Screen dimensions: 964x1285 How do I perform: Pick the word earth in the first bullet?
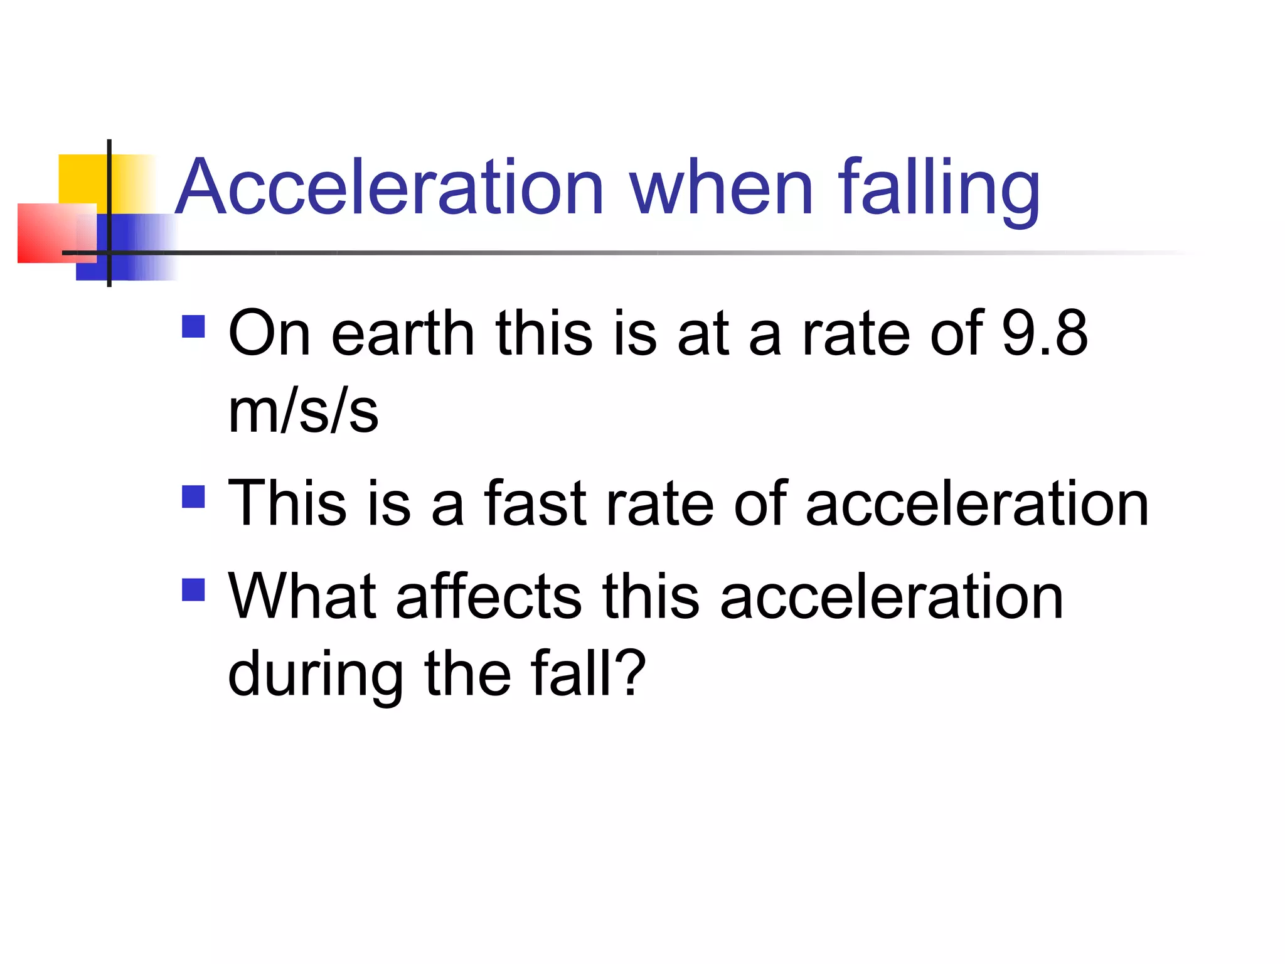coord(402,333)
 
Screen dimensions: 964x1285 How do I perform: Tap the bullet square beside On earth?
coord(193,326)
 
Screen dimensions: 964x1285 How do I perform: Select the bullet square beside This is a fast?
coord(193,496)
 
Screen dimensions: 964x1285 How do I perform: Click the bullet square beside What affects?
coord(193,589)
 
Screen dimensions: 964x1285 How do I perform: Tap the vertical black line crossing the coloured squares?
coord(109,188)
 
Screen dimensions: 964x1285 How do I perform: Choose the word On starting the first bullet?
coord(269,333)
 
